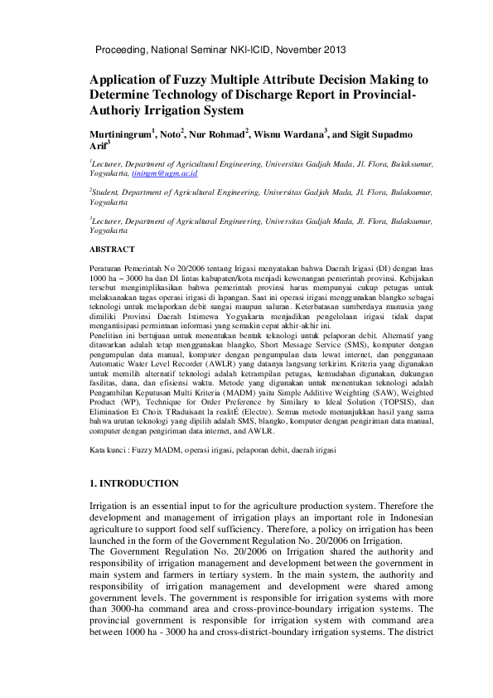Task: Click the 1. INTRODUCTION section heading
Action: coord(133,483)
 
